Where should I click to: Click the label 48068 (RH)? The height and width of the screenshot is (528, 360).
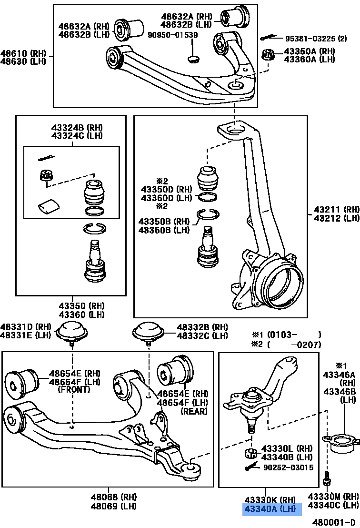107,497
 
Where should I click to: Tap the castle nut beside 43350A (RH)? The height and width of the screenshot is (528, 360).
269,55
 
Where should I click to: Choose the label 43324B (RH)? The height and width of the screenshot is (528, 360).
77,128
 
